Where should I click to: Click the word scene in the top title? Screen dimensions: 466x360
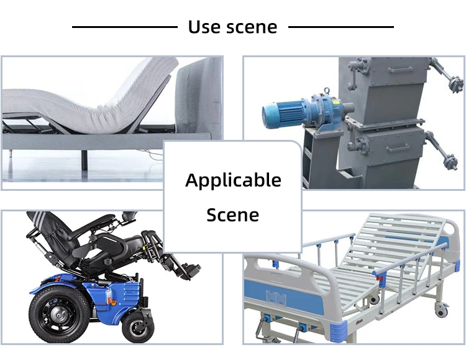tap(252, 27)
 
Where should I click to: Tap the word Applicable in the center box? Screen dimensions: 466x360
tap(233, 180)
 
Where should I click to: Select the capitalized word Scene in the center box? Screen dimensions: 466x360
tap(233, 215)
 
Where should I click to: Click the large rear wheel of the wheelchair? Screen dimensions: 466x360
tap(60, 313)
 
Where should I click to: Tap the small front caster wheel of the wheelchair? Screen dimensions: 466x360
tap(138, 327)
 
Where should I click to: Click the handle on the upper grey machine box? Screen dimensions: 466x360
tap(400, 70)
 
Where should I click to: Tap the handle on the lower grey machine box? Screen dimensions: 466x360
tap(398, 148)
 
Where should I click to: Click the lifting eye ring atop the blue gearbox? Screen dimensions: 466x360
tap(327, 90)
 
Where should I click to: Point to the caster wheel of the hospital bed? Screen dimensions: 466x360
tap(441, 310)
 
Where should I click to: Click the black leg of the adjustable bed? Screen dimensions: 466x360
tap(85, 160)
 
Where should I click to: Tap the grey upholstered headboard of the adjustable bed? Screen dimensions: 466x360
tap(198, 98)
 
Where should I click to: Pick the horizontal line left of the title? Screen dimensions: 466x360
tap(125, 27)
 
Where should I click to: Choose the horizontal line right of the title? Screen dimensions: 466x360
tap(341, 27)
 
